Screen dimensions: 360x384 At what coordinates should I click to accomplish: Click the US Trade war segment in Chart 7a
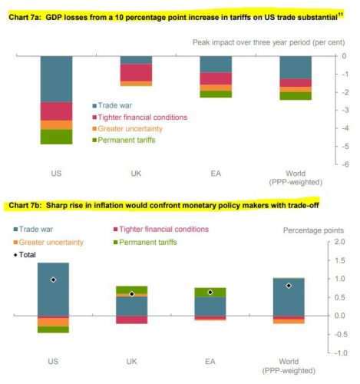[x=56, y=79]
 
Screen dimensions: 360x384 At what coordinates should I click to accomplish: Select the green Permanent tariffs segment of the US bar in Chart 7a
[x=56, y=137]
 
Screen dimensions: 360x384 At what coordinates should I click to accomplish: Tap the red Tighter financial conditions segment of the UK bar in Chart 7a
[x=136, y=73]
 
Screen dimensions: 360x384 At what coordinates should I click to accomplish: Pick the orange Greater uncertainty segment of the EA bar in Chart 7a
[x=216, y=88]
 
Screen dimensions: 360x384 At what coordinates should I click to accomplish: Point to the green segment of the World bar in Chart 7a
[x=296, y=96]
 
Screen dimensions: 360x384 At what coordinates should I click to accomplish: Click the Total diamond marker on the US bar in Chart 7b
[x=53, y=280]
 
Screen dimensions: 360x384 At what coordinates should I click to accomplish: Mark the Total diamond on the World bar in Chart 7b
[x=289, y=286]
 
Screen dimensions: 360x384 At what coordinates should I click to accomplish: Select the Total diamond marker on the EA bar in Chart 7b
[x=210, y=292]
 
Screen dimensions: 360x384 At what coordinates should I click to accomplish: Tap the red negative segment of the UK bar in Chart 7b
[x=132, y=319]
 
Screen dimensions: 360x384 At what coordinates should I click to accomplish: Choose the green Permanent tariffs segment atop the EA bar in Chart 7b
[x=210, y=293]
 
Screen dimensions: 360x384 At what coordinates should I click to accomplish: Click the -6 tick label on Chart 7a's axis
[x=345, y=164]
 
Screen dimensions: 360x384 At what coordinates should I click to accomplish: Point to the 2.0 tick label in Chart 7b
[x=340, y=242]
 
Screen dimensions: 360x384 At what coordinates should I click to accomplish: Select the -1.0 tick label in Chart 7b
[x=340, y=353]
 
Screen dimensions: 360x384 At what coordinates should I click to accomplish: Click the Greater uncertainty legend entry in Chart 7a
[x=127, y=128]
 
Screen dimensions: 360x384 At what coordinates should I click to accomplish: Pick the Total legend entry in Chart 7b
[x=25, y=255]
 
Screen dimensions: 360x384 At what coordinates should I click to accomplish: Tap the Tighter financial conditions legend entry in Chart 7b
[x=161, y=229]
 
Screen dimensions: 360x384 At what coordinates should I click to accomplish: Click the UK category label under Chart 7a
[x=136, y=174]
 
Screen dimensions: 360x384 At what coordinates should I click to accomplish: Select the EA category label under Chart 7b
[x=210, y=362]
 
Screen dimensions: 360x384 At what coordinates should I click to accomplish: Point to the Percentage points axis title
[x=313, y=230]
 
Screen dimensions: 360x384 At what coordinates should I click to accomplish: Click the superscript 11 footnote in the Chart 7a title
[x=341, y=15]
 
